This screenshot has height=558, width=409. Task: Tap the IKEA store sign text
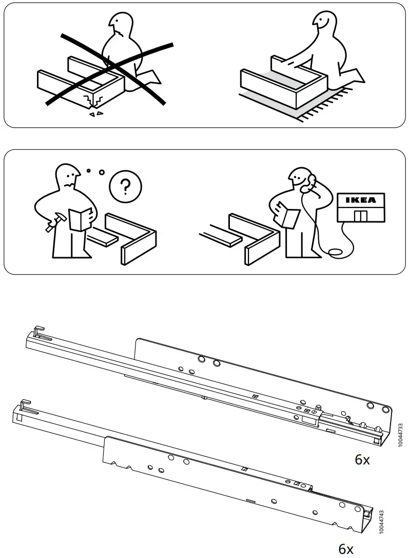coord(361,200)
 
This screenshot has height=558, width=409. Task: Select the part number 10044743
coord(381,523)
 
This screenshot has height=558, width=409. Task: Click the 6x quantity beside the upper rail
coord(362,459)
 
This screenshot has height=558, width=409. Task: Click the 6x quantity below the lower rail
coord(346,549)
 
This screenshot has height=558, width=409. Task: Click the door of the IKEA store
coord(361,216)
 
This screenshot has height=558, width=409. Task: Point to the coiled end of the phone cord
coord(336,253)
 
